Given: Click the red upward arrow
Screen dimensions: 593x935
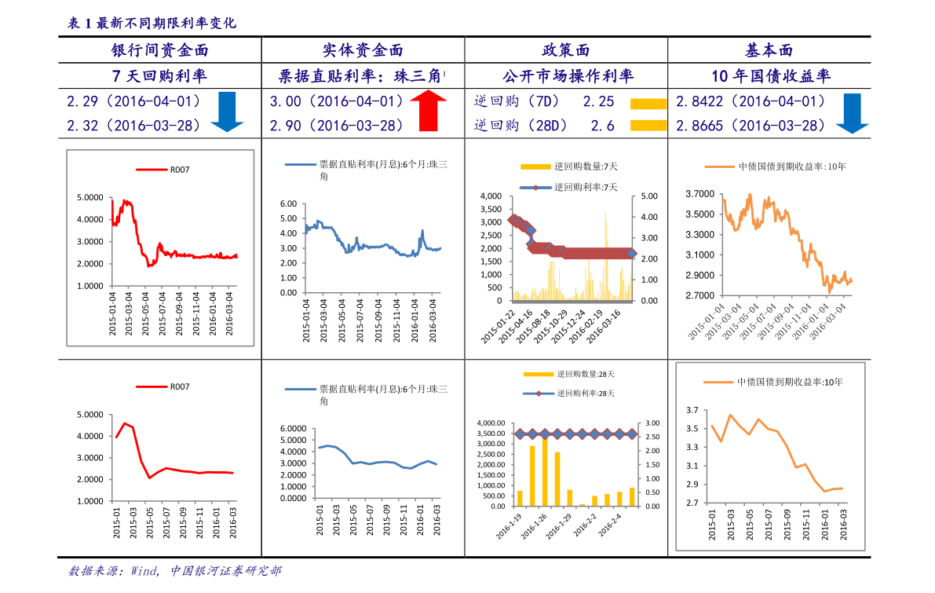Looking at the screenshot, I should coord(428,111).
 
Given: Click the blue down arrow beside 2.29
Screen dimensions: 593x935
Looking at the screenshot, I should coord(227,111).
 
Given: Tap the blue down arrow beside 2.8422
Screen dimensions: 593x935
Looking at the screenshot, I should coord(852,112).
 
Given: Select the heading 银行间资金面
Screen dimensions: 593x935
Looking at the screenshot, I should coord(160,51).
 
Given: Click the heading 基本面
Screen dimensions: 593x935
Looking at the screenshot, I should coord(769,51).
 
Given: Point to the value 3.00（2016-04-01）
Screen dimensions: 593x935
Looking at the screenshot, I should coord(337,101).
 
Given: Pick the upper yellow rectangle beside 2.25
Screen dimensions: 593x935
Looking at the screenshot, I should coord(648,104).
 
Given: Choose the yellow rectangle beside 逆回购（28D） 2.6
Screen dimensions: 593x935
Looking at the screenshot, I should coord(648,125).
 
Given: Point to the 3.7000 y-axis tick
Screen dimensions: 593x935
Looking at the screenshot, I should coord(699,194).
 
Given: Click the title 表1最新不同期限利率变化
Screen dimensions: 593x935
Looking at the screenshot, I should coord(152,24).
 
